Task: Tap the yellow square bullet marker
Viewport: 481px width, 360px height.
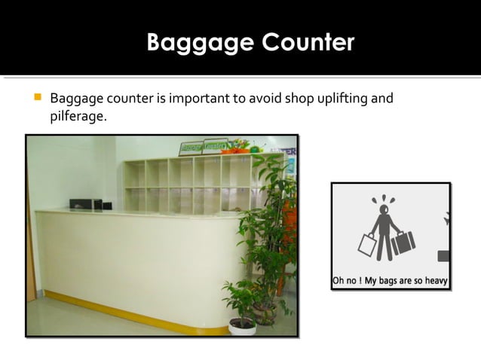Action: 35,99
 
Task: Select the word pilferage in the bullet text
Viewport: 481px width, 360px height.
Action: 76,117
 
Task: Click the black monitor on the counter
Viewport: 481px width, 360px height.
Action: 85,204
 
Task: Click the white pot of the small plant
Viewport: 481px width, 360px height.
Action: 243,325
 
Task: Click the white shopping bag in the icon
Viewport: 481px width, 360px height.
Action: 367,246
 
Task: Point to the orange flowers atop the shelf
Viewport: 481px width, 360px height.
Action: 240,144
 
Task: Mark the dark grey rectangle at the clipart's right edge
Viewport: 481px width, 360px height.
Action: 443,256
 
